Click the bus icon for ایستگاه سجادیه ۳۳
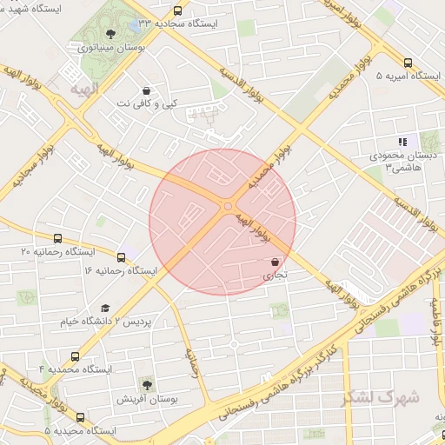pos(178,11)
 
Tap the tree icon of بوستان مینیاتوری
pos(109,35)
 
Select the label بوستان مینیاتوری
pos(110,49)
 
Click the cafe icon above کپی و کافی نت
pos(146,90)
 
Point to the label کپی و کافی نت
pos(146,103)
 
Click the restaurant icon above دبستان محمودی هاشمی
pos(402,141)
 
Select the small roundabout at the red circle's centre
pos(228,206)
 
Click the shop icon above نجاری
pos(276,262)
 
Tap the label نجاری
pos(274,276)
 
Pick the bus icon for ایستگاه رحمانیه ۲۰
pos(58,238)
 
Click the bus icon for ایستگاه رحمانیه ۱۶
pos(121,257)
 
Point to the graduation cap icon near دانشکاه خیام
pos(105,309)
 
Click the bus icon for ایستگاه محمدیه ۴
pos(76,356)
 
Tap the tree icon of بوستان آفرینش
pos(146,383)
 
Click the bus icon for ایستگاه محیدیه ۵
pos(81,417)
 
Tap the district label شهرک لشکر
pos(387,398)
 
